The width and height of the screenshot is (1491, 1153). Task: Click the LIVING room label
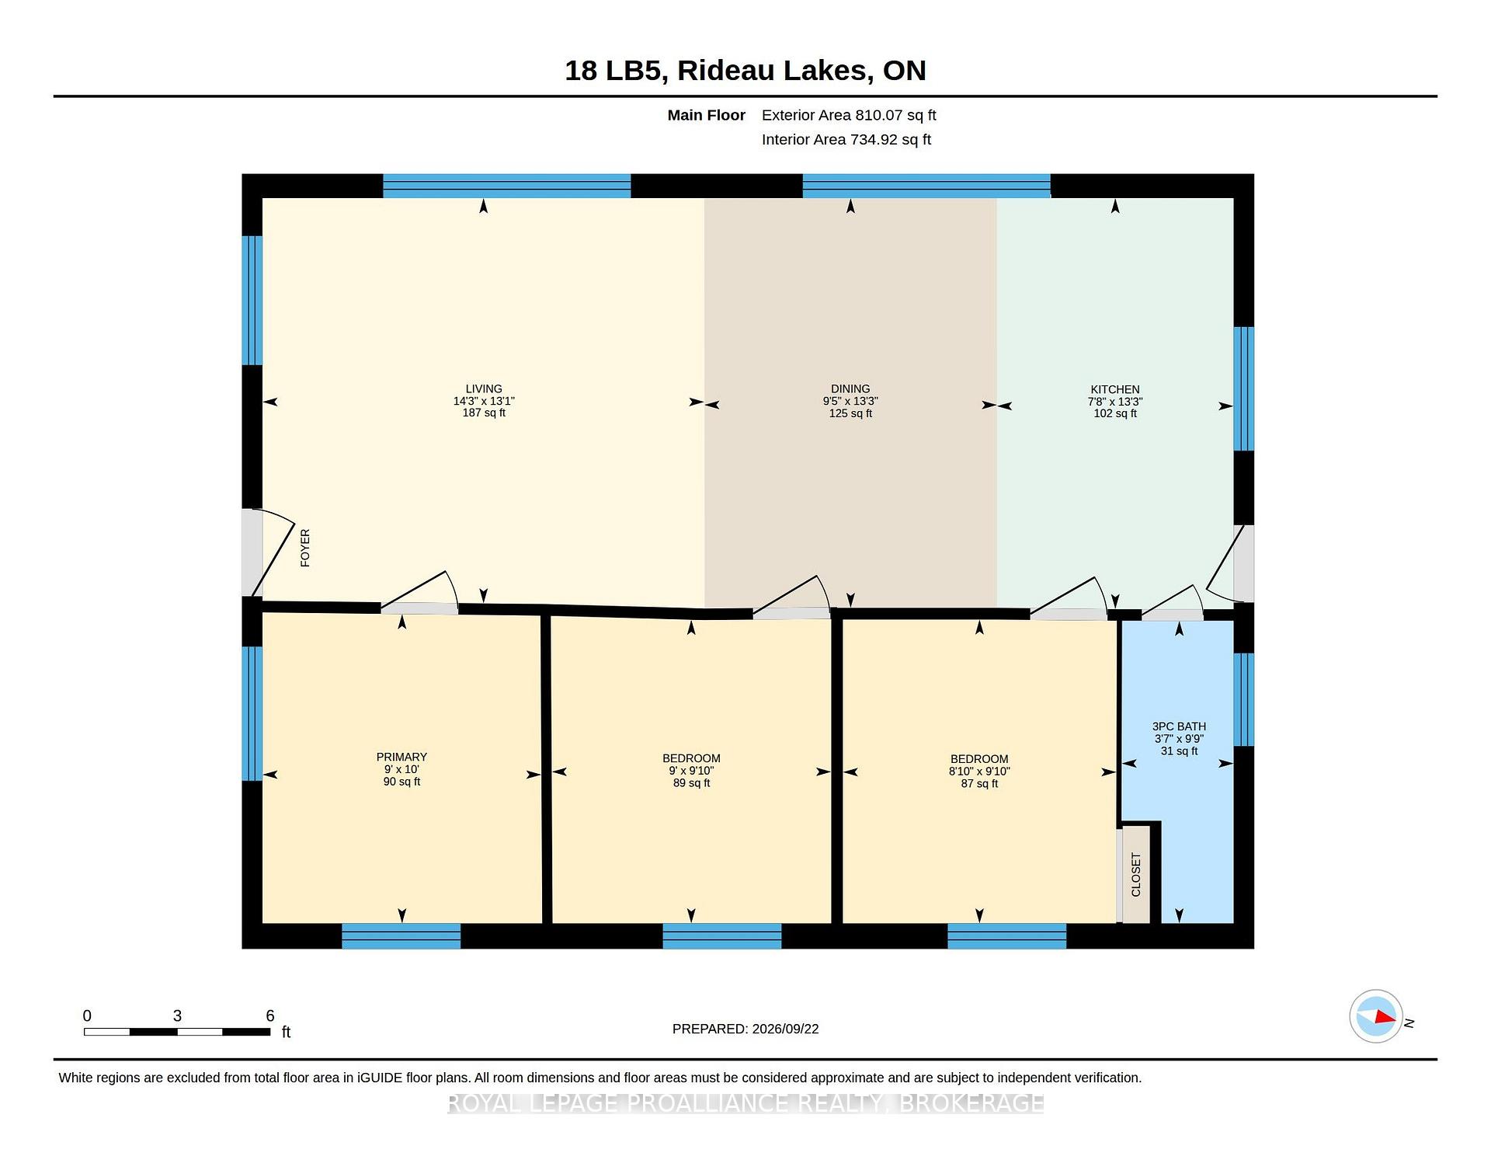pyautogui.click(x=484, y=388)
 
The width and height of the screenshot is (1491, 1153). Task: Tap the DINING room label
pyautogui.click(x=850, y=388)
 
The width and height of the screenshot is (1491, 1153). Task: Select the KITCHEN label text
pyautogui.click(x=1115, y=389)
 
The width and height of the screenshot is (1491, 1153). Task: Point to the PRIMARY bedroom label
pyautogui.click(x=401, y=757)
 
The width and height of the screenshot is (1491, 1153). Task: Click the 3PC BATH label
pyautogui.click(x=1179, y=726)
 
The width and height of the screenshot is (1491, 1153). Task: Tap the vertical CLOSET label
pyautogui.click(x=1136, y=875)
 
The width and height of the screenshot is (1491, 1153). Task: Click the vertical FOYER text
pyautogui.click(x=305, y=548)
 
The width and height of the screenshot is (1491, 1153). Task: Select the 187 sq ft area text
pyautogui.click(x=484, y=413)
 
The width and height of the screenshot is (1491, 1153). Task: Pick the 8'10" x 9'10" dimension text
pyautogui.click(x=979, y=772)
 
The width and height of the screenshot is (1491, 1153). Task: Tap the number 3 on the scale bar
pyautogui.click(x=177, y=1015)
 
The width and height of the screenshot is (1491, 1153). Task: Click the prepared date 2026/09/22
pyautogui.click(x=785, y=1029)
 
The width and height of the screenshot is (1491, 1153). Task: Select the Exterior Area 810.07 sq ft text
pyautogui.click(x=849, y=115)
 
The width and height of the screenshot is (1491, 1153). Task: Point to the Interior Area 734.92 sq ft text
pyautogui.click(x=846, y=140)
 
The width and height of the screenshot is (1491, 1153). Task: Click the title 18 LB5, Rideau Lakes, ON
pyautogui.click(x=745, y=71)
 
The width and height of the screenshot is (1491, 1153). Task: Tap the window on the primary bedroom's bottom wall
pyautogui.click(x=401, y=936)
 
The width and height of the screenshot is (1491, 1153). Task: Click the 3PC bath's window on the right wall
pyautogui.click(x=1244, y=699)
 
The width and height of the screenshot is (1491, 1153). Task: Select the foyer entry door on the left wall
pyautogui.click(x=252, y=552)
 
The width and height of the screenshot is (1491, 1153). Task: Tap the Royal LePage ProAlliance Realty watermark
pyautogui.click(x=745, y=1103)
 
